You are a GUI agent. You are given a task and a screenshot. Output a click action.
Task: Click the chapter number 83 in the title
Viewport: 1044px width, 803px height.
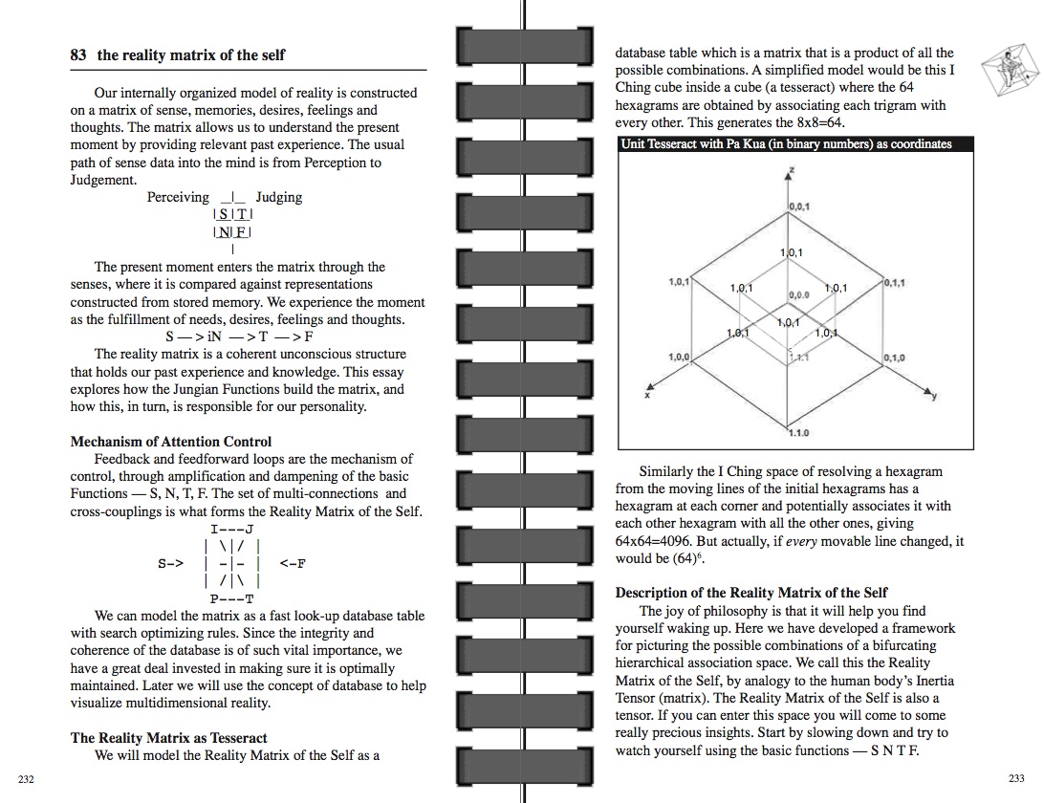coord(78,55)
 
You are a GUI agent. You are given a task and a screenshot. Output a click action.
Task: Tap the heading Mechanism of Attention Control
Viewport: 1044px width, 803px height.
coord(170,442)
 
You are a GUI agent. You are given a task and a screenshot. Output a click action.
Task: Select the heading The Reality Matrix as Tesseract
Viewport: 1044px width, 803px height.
coord(168,738)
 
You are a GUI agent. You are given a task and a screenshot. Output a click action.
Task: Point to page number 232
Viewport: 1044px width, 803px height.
coord(26,780)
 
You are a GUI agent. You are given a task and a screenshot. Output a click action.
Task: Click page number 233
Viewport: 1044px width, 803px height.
coord(1016,779)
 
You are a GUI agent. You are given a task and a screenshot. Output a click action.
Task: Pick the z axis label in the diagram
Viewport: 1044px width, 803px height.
coord(791,172)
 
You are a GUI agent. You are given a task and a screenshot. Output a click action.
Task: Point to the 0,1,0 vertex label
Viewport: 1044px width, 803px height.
coord(895,358)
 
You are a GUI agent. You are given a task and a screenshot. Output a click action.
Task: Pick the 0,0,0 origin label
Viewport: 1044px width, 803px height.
coord(798,295)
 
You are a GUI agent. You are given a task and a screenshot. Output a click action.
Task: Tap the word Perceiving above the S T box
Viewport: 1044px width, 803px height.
coord(178,197)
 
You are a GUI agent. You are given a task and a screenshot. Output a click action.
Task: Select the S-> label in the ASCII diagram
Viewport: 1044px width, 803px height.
coord(170,563)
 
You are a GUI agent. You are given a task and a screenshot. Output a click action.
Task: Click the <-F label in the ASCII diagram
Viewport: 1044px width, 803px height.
coord(293,563)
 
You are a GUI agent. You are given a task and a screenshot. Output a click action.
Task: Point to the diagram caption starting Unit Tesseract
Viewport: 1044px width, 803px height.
coord(786,144)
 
